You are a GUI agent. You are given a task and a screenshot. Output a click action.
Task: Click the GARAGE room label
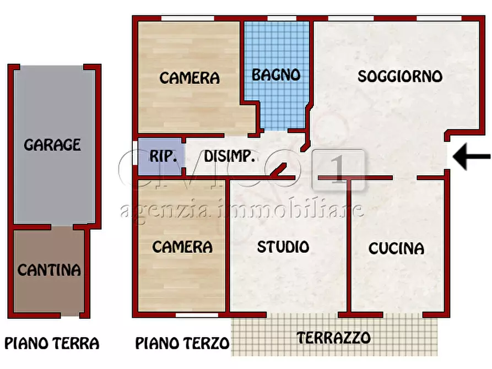[52, 145]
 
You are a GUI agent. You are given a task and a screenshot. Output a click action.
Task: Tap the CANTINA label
[49, 270]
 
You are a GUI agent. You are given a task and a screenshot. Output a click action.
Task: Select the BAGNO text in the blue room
[276, 75]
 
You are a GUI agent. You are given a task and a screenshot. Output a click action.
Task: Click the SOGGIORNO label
[400, 76]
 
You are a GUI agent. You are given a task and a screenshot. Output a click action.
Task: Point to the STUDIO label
[283, 247]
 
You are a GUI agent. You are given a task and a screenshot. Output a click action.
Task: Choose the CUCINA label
[397, 248]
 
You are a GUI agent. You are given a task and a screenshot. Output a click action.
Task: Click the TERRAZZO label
[334, 337]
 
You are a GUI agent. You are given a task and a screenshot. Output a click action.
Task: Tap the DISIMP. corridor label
[230, 156]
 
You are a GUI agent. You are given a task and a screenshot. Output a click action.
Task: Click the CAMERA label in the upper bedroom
[190, 78]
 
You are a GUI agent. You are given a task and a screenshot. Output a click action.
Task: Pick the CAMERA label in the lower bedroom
[182, 247]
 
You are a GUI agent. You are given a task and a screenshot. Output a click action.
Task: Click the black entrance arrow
[472, 158]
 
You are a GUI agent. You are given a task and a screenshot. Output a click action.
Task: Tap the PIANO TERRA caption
[52, 344]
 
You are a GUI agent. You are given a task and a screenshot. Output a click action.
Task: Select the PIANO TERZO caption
[182, 344]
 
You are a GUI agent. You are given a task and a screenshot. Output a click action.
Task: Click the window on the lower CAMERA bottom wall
[196, 316]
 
